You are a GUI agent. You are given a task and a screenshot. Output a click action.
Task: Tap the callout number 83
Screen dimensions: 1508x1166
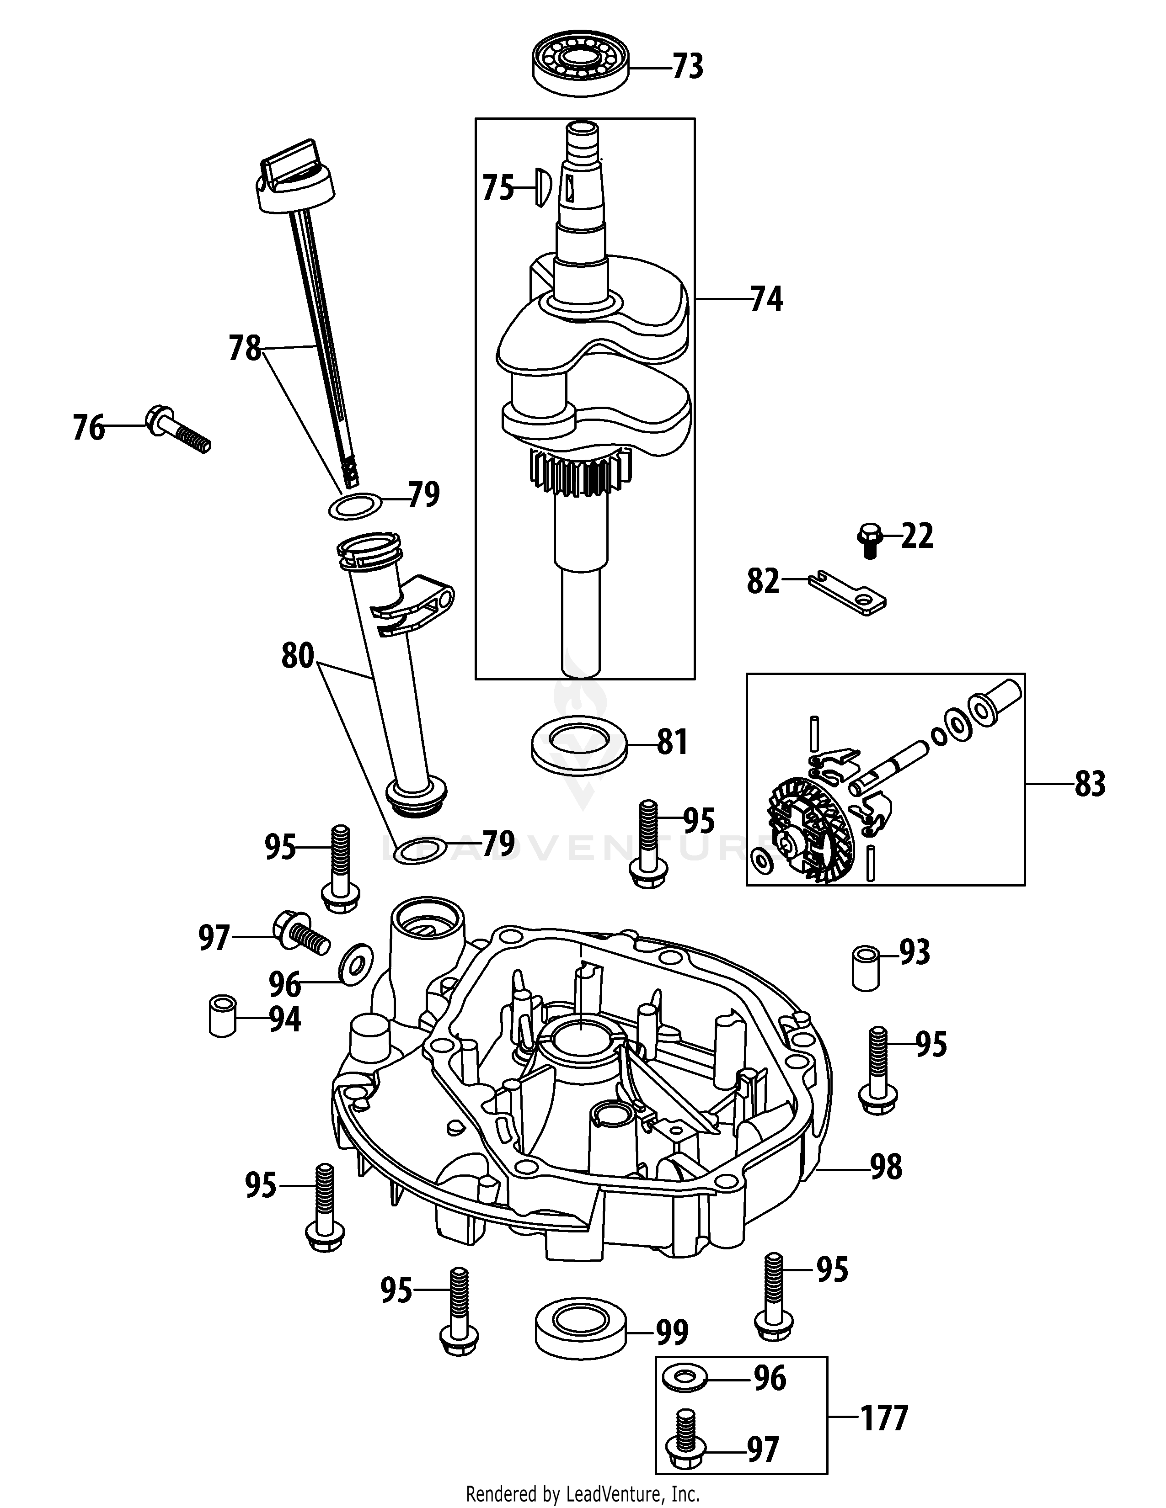[1089, 784]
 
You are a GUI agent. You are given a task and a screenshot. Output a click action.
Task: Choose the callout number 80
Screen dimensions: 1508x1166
[298, 656]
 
